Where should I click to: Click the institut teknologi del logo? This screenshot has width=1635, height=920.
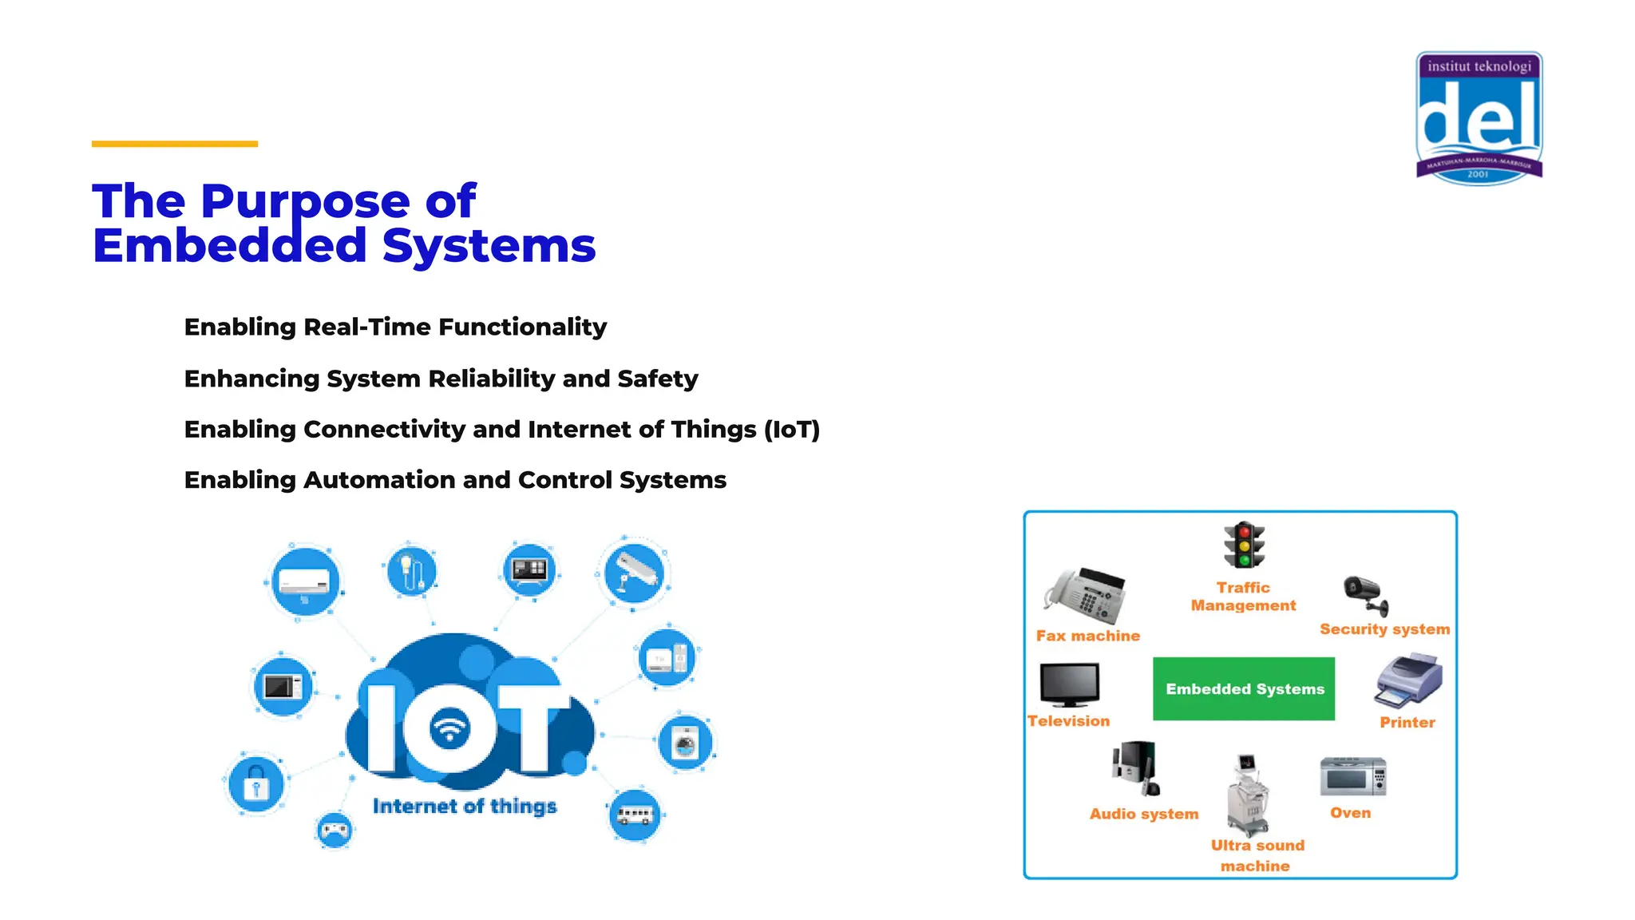pyautogui.click(x=1479, y=118)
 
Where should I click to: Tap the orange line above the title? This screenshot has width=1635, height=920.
pyautogui.click(x=175, y=144)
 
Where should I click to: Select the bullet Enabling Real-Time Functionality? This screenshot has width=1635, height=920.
pyautogui.click(x=395, y=327)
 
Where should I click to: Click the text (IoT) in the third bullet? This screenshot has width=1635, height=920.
pyautogui.click(x=791, y=430)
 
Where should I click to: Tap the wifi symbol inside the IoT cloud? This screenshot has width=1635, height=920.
pyautogui.click(x=450, y=728)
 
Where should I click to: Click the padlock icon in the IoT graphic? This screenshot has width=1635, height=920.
pyautogui.click(x=255, y=785)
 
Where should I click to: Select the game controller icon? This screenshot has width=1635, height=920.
pyautogui.click(x=335, y=831)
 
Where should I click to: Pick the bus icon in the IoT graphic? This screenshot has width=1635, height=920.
pyautogui.click(x=635, y=815)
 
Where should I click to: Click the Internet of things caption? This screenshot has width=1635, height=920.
pyautogui.click(x=465, y=807)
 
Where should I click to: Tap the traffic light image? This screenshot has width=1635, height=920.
pyautogui.click(x=1244, y=545)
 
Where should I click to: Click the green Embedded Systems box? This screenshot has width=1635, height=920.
pyautogui.click(x=1244, y=688)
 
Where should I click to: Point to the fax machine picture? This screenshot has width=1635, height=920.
pyautogui.click(x=1087, y=597)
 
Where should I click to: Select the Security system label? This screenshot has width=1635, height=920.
pyautogui.click(x=1384, y=629)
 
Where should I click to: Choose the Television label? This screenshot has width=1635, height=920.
pyautogui.click(x=1068, y=721)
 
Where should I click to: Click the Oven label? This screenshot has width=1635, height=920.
pyautogui.click(x=1350, y=813)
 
